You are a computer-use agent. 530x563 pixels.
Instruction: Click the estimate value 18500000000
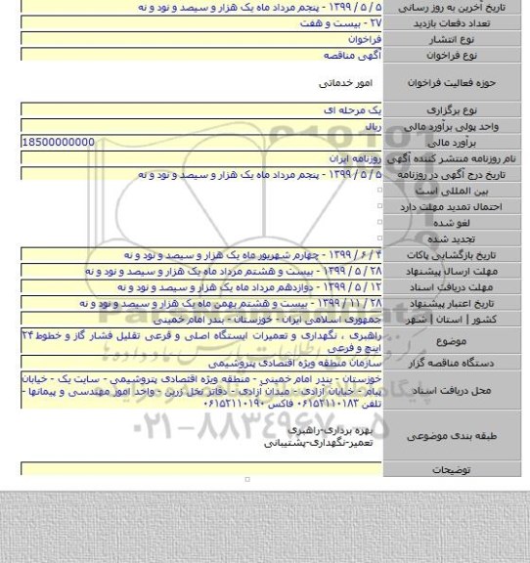point(59,143)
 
